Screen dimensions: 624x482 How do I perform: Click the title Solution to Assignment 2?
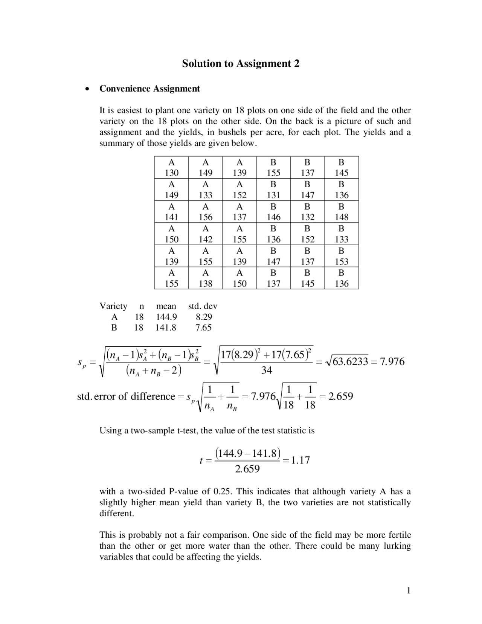point(241,63)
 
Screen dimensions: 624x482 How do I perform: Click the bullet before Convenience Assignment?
point(87,89)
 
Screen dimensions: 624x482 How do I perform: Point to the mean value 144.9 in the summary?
point(166,317)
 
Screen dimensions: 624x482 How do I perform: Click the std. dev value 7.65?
point(203,327)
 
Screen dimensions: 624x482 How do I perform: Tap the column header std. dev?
point(203,306)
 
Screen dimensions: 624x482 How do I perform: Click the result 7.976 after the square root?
point(392,362)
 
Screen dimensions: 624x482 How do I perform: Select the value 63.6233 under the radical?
point(350,362)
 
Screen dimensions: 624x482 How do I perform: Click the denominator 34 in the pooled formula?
point(266,371)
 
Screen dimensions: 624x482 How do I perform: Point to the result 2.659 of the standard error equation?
point(340,396)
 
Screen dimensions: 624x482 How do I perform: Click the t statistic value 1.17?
point(300,460)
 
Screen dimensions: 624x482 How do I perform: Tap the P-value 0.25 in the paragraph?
point(222,491)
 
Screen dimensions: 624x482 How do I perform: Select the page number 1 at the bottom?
point(408,590)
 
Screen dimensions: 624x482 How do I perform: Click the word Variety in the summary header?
point(113,306)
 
